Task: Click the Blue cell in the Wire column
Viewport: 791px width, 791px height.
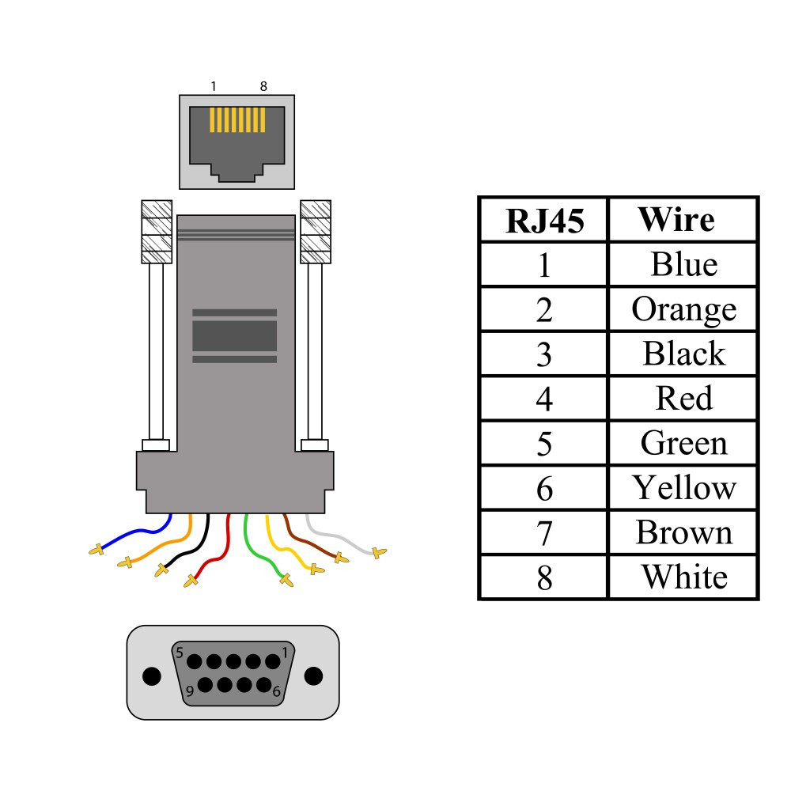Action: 683,264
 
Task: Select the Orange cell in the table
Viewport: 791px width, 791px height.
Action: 683,309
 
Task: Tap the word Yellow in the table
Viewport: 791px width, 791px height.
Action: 683,488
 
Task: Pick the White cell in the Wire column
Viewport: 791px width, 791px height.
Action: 683,577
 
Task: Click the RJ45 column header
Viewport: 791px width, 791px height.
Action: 543,221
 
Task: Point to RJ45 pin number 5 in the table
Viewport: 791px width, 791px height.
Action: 543,444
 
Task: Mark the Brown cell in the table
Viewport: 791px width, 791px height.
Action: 683,533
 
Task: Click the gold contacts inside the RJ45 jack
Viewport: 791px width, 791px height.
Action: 237,120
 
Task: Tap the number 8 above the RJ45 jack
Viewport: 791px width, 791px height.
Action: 263,86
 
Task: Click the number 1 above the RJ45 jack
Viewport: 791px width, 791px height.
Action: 214,86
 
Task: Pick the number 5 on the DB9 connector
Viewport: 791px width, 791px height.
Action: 180,653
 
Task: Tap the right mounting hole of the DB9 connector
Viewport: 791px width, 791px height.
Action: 313,676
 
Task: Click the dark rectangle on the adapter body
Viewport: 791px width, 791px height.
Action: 235,335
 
